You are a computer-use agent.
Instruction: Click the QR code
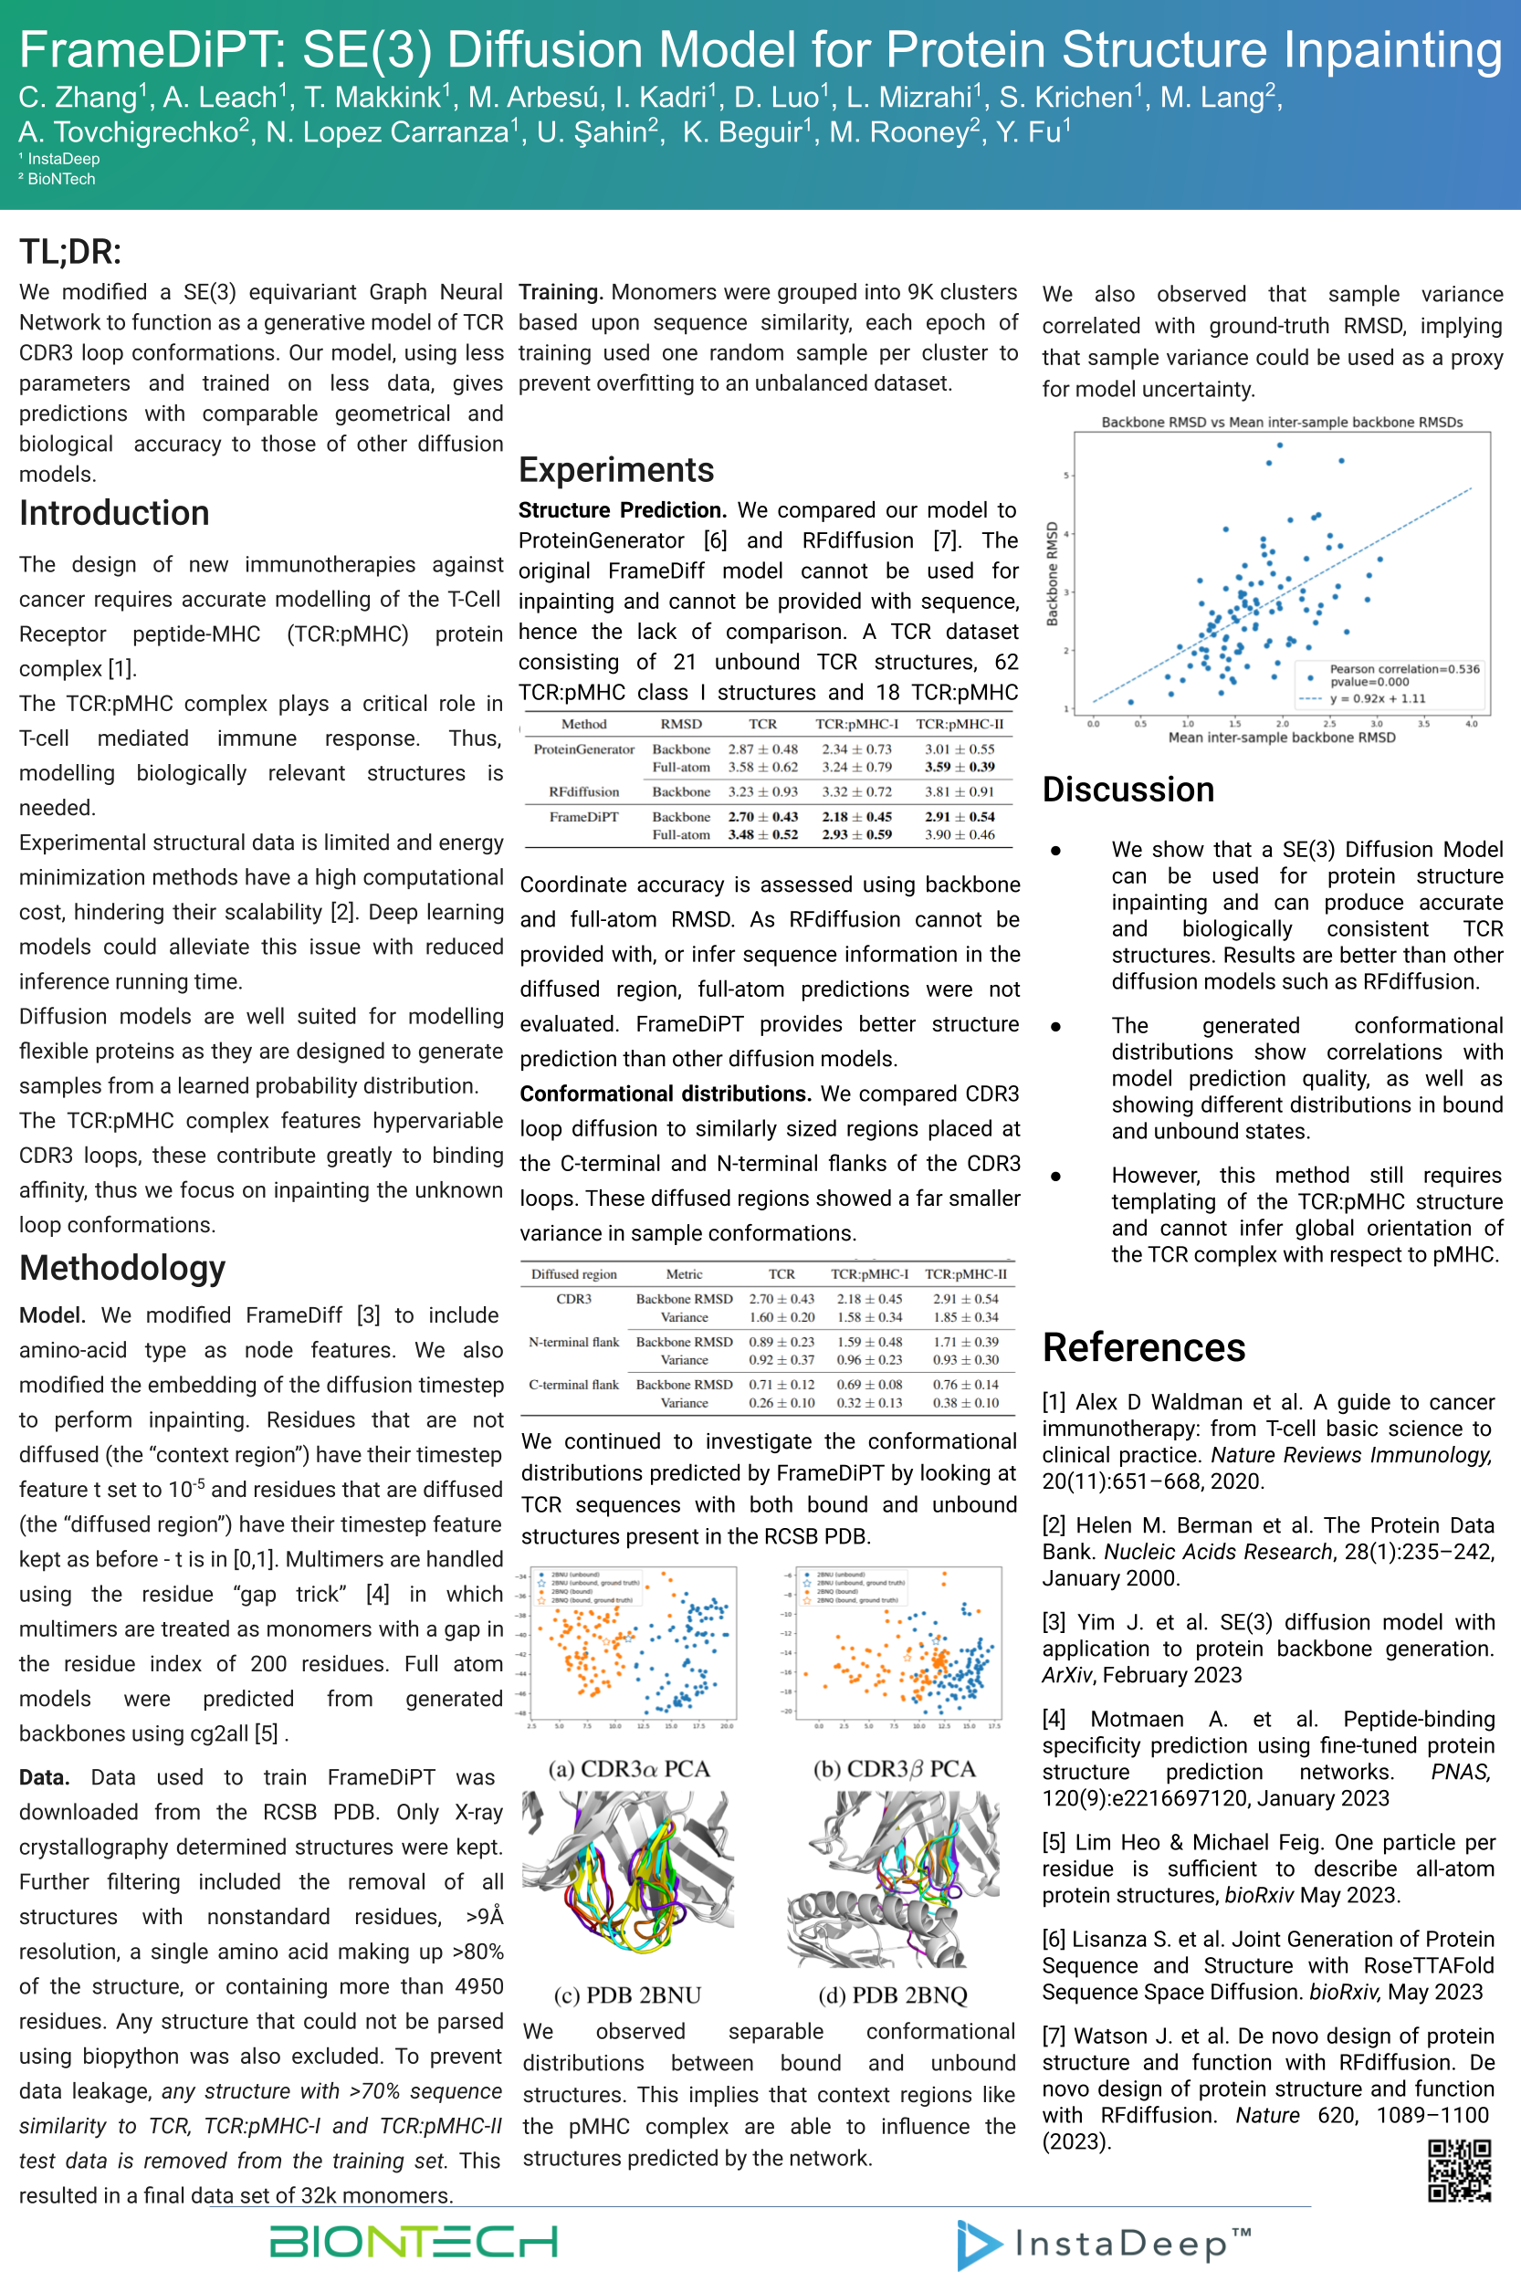point(1458,2171)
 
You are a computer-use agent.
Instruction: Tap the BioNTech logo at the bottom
point(414,2241)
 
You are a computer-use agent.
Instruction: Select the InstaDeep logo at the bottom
point(1103,2245)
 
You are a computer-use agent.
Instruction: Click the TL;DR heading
point(69,252)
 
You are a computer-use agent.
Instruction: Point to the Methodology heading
point(122,1268)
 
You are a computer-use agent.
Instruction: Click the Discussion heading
point(1128,790)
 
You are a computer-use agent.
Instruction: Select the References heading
point(1143,1347)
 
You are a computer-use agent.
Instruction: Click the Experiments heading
point(616,469)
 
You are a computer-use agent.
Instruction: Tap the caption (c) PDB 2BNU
point(626,1995)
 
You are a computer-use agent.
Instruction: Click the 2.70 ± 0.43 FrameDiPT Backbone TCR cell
point(762,817)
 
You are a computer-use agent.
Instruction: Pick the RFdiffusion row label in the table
point(583,791)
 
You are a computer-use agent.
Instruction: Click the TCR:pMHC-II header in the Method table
point(960,724)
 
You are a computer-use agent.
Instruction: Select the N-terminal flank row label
point(573,1341)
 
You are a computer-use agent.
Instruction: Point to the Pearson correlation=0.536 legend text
point(1403,669)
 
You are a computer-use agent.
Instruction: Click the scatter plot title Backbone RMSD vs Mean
point(1280,422)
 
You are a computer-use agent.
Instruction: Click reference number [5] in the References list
point(1054,1842)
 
